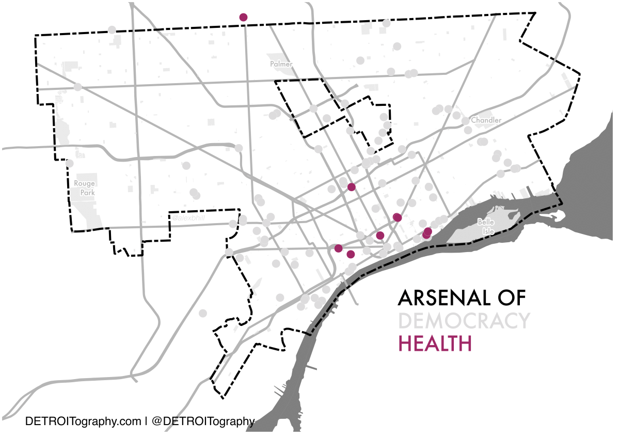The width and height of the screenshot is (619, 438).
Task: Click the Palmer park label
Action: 281,65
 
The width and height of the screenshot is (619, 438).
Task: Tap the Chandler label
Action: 486,120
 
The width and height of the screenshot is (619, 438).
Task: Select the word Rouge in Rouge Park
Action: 84,183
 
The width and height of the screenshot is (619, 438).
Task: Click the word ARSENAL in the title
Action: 438,298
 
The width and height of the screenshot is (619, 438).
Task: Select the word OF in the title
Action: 510,298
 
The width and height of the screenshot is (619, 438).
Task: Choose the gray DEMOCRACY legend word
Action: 464,321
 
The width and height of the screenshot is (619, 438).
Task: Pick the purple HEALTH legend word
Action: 435,343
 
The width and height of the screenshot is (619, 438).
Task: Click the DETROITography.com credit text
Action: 83,421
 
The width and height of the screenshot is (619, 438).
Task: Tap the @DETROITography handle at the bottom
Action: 203,421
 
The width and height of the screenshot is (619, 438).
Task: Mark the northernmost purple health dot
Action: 243,17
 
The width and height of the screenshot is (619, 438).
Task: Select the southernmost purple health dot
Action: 351,254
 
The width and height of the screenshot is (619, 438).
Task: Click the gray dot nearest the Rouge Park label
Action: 70,163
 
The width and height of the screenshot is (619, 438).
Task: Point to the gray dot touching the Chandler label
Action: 466,121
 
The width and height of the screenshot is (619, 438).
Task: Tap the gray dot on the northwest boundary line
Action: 112,30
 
